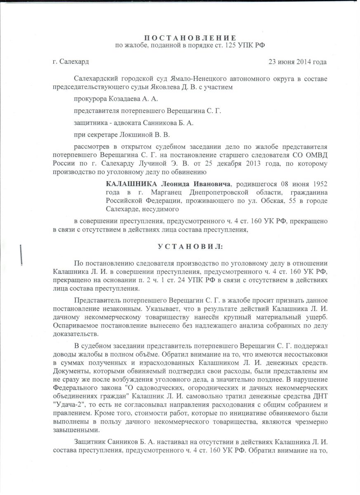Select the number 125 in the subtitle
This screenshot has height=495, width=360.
(231, 45)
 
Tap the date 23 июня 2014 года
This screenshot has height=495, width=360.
(298, 62)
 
